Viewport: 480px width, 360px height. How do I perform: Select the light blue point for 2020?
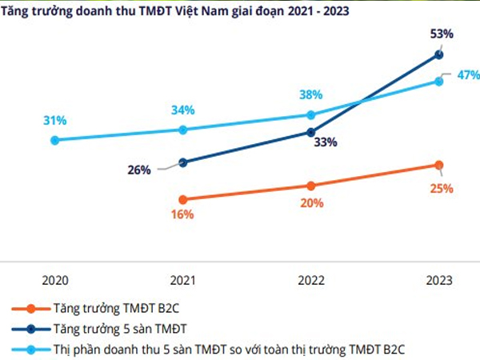(x=54, y=140)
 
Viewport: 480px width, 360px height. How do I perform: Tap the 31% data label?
(x=54, y=121)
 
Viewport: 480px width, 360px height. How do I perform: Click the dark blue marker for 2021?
(x=183, y=162)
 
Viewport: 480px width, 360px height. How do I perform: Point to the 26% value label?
(x=138, y=170)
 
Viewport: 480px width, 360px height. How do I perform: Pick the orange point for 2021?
(x=183, y=199)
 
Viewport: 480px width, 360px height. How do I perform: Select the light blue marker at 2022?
(x=311, y=115)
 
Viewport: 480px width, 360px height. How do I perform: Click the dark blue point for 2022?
(x=311, y=133)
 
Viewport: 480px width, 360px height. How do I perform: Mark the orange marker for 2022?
(x=311, y=186)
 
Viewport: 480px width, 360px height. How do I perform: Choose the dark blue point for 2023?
(x=438, y=54)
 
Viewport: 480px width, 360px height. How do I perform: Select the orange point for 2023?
(x=438, y=165)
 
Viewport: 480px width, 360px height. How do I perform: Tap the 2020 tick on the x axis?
(x=54, y=281)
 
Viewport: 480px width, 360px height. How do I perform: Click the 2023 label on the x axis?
(x=438, y=281)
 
